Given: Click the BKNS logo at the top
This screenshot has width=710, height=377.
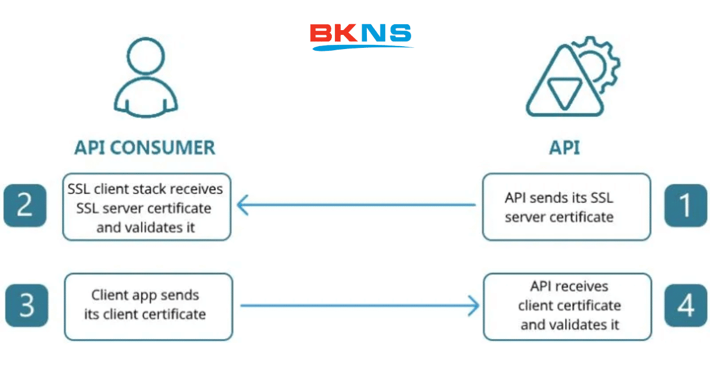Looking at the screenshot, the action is pos(361,37).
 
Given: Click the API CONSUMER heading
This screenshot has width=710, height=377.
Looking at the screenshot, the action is pos(145,148).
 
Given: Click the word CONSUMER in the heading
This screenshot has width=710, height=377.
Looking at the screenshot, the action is pos(163,148).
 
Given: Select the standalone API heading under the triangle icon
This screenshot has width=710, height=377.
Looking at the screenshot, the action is pos(564,148).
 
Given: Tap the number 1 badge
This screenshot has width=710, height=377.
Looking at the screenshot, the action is pos(686,206).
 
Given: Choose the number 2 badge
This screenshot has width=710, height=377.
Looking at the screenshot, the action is pos(25,206).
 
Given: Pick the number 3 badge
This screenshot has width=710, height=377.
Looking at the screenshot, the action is pos(27,305).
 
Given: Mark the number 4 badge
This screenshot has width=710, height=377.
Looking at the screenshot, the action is pos(686,305).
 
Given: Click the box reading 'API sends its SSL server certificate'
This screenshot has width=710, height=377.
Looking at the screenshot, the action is pos(567,207).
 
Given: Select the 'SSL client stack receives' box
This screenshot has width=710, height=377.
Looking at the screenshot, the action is pos(147,207).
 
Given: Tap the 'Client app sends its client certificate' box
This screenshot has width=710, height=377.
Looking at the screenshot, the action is pos(149,307).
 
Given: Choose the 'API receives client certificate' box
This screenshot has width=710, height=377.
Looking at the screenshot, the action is pos(567,307).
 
